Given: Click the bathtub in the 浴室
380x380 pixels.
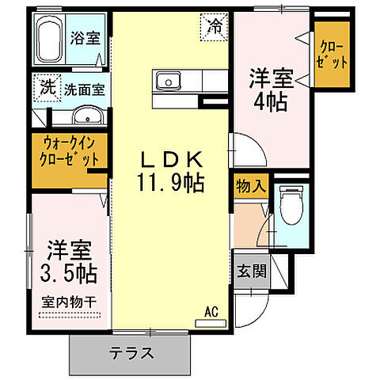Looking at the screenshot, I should click(x=53, y=40).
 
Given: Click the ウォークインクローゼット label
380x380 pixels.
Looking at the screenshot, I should click(x=71, y=151).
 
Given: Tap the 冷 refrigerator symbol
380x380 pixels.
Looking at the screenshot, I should click(x=215, y=26).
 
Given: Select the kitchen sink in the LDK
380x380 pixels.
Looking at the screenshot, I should click(x=168, y=80).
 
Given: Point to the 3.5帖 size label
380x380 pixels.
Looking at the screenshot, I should click(x=67, y=273).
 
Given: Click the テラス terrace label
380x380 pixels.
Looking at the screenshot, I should click(x=131, y=352).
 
